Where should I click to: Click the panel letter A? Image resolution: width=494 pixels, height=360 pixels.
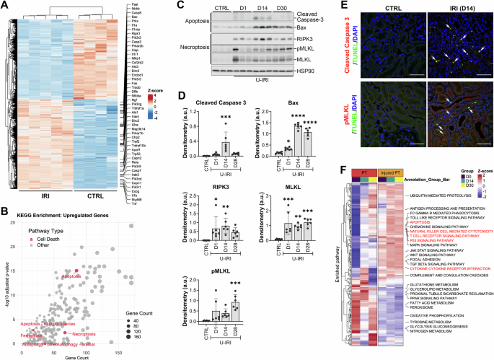click(4, 5)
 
